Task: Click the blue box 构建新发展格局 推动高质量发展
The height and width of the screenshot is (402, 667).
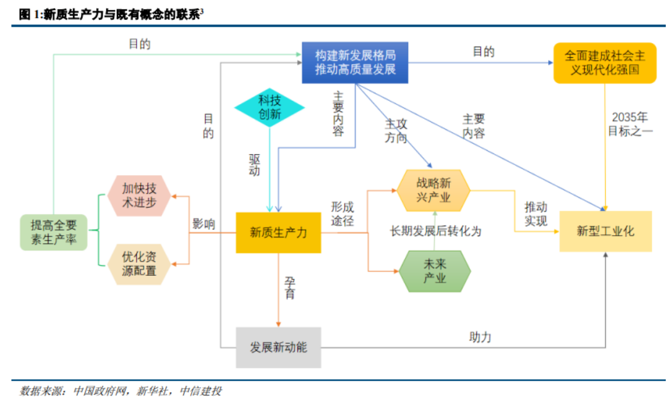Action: click(x=355, y=62)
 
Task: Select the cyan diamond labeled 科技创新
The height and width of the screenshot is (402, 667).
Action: click(x=270, y=108)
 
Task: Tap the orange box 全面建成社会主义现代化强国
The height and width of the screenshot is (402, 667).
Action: click(x=604, y=62)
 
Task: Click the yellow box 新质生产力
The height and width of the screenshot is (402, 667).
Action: click(x=278, y=233)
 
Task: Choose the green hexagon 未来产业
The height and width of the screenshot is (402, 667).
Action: click(x=435, y=271)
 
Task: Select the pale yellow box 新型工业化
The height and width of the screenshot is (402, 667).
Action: click(x=605, y=231)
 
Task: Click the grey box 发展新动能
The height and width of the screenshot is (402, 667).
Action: click(x=278, y=347)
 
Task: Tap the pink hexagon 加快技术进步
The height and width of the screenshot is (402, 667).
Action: click(x=139, y=195)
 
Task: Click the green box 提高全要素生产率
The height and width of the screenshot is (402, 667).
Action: click(x=53, y=232)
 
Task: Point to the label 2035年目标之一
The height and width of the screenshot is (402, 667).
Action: click(x=630, y=124)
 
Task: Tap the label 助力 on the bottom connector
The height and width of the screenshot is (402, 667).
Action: click(x=480, y=338)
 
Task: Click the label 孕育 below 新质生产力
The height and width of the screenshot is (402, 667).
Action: click(x=289, y=287)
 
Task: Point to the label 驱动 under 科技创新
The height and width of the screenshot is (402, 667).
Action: click(x=254, y=164)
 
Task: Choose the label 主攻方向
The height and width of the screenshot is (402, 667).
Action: click(x=396, y=131)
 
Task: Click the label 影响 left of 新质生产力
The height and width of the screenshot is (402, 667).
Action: click(x=203, y=224)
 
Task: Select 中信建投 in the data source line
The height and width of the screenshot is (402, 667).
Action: click(x=200, y=391)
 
